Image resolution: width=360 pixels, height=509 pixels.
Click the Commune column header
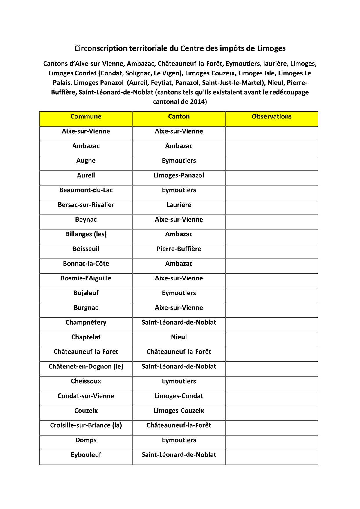pos(86,117)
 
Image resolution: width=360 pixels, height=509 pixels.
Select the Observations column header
pos(271,117)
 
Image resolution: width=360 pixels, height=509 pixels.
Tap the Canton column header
pos(179,117)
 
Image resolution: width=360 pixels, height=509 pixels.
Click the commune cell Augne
pos(86,161)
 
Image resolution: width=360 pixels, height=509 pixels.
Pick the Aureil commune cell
pos(86,175)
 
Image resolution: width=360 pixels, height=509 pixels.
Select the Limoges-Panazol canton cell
pos(179,175)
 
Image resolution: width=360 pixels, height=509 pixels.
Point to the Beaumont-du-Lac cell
pos(86,190)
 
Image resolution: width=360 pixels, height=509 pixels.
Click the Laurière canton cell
pos(179,205)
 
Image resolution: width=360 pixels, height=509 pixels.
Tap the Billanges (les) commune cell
pos(86,234)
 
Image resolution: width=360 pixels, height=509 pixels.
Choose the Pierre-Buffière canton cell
pos(179,249)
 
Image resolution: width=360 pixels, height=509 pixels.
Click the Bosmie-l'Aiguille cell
pos(86,278)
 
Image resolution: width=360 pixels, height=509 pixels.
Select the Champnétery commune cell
pos(86,323)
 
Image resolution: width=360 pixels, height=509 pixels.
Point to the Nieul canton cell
pos(179,337)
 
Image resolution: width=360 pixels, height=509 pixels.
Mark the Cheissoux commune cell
pos(86,381)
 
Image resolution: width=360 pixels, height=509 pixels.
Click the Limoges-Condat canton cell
pos(179,396)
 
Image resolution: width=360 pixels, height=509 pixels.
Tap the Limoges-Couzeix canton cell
pos(179,411)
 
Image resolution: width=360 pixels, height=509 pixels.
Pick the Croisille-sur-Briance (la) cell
pos(86,425)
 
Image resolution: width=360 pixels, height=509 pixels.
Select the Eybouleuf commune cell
pos(86,455)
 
